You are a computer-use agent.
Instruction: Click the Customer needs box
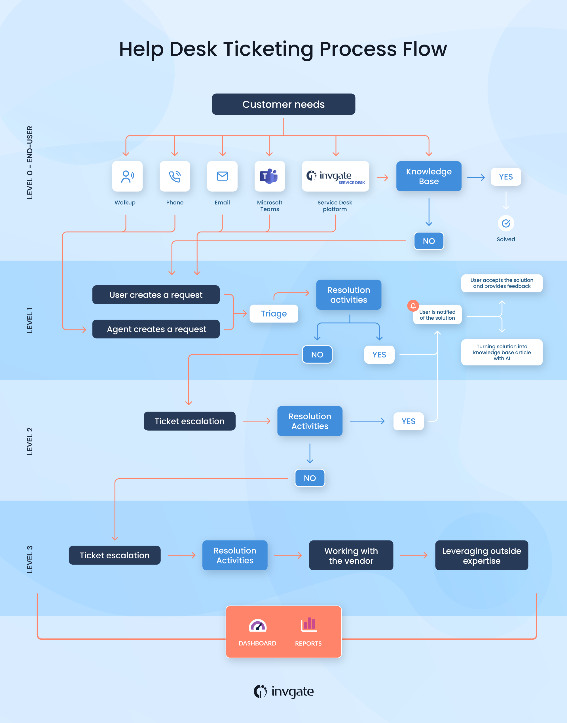(x=283, y=104)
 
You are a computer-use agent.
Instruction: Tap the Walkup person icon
(x=127, y=176)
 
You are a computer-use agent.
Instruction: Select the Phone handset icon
(x=175, y=176)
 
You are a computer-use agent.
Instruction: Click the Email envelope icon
(x=222, y=176)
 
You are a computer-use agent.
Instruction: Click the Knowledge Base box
(x=429, y=176)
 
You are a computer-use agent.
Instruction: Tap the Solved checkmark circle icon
(x=505, y=223)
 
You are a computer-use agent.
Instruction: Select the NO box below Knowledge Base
(x=429, y=241)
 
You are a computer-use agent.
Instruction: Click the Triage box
(x=274, y=313)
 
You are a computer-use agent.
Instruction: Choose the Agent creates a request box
(x=156, y=329)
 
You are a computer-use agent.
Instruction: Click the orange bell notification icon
(x=413, y=306)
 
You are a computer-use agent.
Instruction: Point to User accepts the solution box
(x=502, y=283)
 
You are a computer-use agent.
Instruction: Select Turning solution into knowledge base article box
(x=502, y=352)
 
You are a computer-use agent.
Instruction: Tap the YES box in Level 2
(x=408, y=421)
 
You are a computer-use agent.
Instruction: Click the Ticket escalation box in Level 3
(x=115, y=555)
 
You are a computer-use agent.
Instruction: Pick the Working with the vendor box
(x=351, y=556)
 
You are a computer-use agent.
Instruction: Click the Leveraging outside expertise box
(x=481, y=556)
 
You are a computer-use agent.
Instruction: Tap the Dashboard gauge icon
(x=258, y=626)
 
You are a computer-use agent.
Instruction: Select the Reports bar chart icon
(x=309, y=624)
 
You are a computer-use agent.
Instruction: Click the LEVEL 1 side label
(x=29, y=320)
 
